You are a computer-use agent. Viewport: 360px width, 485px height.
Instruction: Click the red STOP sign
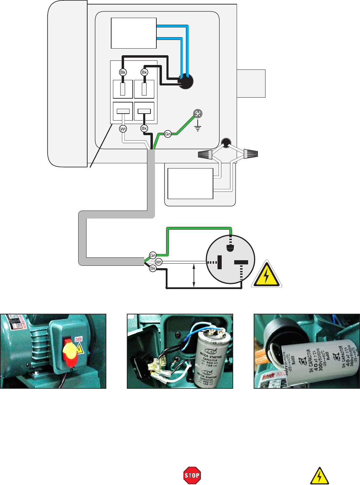(x=192, y=475)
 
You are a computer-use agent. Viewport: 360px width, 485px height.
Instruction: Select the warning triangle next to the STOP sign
(x=319, y=476)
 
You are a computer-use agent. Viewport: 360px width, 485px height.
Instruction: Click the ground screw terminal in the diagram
(x=198, y=114)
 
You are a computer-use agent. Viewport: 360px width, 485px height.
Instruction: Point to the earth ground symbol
(x=198, y=127)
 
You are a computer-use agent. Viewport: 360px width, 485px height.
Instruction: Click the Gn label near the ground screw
(x=168, y=134)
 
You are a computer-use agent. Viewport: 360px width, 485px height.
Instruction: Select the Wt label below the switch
(x=123, y=129)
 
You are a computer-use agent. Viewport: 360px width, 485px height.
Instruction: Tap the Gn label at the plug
(x=153, y=255)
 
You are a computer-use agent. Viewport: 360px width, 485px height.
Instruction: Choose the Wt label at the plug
(x=158, y=262)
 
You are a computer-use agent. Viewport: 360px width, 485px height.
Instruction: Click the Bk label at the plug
(x=153, y=269)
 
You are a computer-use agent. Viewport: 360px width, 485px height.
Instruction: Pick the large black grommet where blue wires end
(x=186, y=82)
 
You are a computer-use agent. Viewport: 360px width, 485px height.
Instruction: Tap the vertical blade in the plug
(x=220, y=262)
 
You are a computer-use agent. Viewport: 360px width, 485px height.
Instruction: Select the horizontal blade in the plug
(x=241, y=263)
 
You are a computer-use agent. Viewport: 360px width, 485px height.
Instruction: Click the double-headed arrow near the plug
(x=194, y=276)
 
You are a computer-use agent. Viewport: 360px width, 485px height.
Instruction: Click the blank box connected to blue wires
(x=134, y=33)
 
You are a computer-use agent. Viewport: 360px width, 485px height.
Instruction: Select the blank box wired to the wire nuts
(x=190, y=183)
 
